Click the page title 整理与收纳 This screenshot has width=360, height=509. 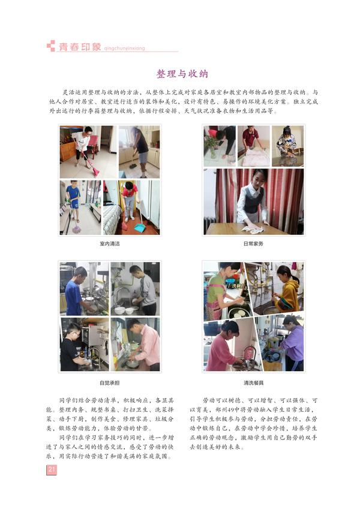182,74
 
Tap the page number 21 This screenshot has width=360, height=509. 52,469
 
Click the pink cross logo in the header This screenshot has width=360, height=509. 51,46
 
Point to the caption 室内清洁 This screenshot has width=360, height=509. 109,244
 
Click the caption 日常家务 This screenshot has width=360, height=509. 253,244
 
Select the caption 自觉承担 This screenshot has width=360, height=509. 109,382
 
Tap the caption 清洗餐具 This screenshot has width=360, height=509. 253,382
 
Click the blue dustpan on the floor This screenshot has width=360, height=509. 140,228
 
